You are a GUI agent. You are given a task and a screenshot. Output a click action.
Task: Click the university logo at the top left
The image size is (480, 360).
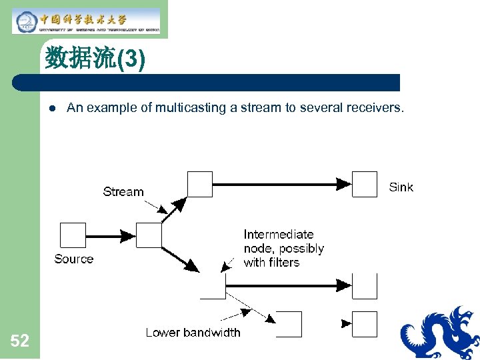pos(87,21)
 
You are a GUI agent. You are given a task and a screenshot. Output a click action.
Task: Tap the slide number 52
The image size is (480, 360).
pos(20,341)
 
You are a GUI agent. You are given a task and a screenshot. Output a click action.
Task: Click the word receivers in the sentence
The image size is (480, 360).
pos(377,108)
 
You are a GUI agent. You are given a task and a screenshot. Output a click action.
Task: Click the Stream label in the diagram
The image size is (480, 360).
pos(123,192)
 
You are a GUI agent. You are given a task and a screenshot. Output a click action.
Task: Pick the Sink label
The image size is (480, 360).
pos(401,187)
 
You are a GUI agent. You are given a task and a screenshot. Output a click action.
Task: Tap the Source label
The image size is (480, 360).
pos(74,259)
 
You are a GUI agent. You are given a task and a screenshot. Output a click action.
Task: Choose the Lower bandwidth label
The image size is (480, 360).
pos(193,332)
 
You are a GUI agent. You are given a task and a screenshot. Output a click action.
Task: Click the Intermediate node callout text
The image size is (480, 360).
pos(283,248)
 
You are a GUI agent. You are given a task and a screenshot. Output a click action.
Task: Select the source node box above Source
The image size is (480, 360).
pos(73,235)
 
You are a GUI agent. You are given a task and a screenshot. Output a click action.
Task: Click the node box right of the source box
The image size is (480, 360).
pos(149,235)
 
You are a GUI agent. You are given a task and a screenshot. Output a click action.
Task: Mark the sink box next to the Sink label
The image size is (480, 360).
pos(365,184)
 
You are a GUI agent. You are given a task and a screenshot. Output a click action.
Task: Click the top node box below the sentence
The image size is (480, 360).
pos(200,184)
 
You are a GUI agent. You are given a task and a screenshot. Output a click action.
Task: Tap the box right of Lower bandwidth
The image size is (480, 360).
pos(289,324)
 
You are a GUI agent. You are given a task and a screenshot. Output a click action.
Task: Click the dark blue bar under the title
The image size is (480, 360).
pos(207,83)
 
